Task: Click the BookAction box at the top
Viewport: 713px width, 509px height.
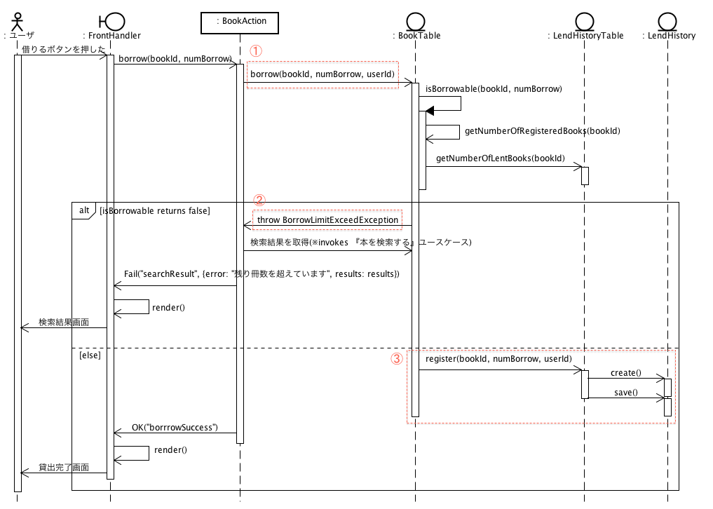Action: (240, 22)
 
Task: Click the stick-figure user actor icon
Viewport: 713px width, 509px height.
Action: (18, 22)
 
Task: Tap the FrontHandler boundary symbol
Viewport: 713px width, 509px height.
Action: (112, 21)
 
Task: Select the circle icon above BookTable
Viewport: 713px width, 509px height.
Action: (416, 21)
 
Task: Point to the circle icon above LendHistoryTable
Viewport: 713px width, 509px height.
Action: (585, 21)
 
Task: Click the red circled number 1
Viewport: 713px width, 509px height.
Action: (256, 51)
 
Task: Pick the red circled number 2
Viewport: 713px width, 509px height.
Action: (259, 200)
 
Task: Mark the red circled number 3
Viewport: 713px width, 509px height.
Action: (397, 359)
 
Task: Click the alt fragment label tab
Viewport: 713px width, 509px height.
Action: (83, 210)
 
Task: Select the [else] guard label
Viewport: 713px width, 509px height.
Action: (90, 355)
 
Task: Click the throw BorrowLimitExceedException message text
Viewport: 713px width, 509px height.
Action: (327, 220)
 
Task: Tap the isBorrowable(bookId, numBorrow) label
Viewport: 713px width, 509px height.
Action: (494, 89)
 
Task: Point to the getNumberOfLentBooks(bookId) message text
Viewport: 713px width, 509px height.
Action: (501, 158)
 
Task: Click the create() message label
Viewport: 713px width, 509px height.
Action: (625, 373)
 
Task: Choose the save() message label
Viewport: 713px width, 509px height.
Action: (625, 393)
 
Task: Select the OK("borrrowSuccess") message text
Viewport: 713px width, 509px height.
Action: (175, 428)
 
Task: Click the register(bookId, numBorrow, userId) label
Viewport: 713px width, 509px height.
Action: (499, 359)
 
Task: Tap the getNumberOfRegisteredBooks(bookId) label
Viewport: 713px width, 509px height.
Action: (543, 131)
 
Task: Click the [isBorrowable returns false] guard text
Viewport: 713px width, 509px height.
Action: (155, 211)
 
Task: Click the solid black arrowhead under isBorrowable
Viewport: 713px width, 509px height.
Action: (430, 111)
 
